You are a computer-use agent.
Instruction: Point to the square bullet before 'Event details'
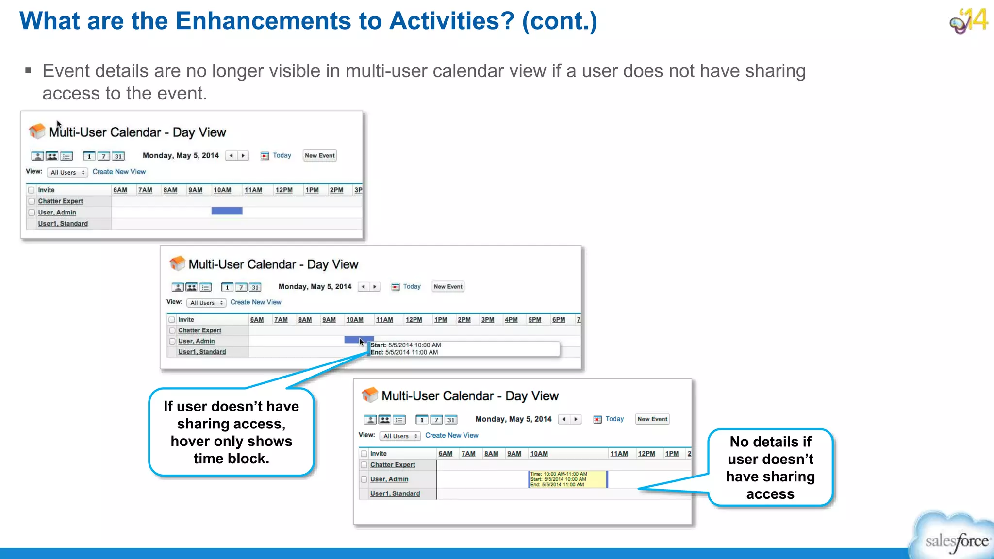pos(28,71)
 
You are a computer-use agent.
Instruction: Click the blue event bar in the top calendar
pos(227,211)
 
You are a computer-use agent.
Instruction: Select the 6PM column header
pos(559,320)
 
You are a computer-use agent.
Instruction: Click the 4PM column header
pos(511,320)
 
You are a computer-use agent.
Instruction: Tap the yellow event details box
pos(567,479)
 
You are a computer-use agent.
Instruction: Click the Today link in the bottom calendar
pos(614,419)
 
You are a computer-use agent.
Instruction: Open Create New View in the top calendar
pos(119,172)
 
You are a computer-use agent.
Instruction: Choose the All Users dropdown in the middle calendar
pos(206,303)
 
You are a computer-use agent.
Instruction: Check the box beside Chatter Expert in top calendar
pos(32,201)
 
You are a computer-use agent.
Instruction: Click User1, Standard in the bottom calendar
pos(395,493)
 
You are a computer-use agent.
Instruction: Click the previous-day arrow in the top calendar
pos(232,156)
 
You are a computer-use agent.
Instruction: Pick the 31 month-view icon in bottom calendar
pos(451,420)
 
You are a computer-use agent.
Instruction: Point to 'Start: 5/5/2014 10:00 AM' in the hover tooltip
pos(406,345)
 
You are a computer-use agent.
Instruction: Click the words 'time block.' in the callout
pos(231,459)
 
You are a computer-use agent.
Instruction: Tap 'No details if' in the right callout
pos(770,442)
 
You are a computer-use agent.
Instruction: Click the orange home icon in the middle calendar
pos(177,263)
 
